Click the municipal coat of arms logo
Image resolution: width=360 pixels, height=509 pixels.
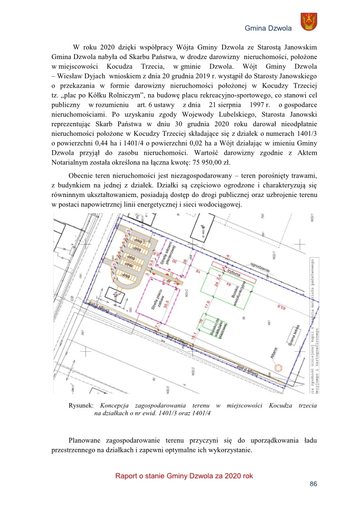pos(309,22)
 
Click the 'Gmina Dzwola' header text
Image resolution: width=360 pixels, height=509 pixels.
pos(268,28)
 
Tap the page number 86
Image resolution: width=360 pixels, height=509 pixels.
pos(313,485)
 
